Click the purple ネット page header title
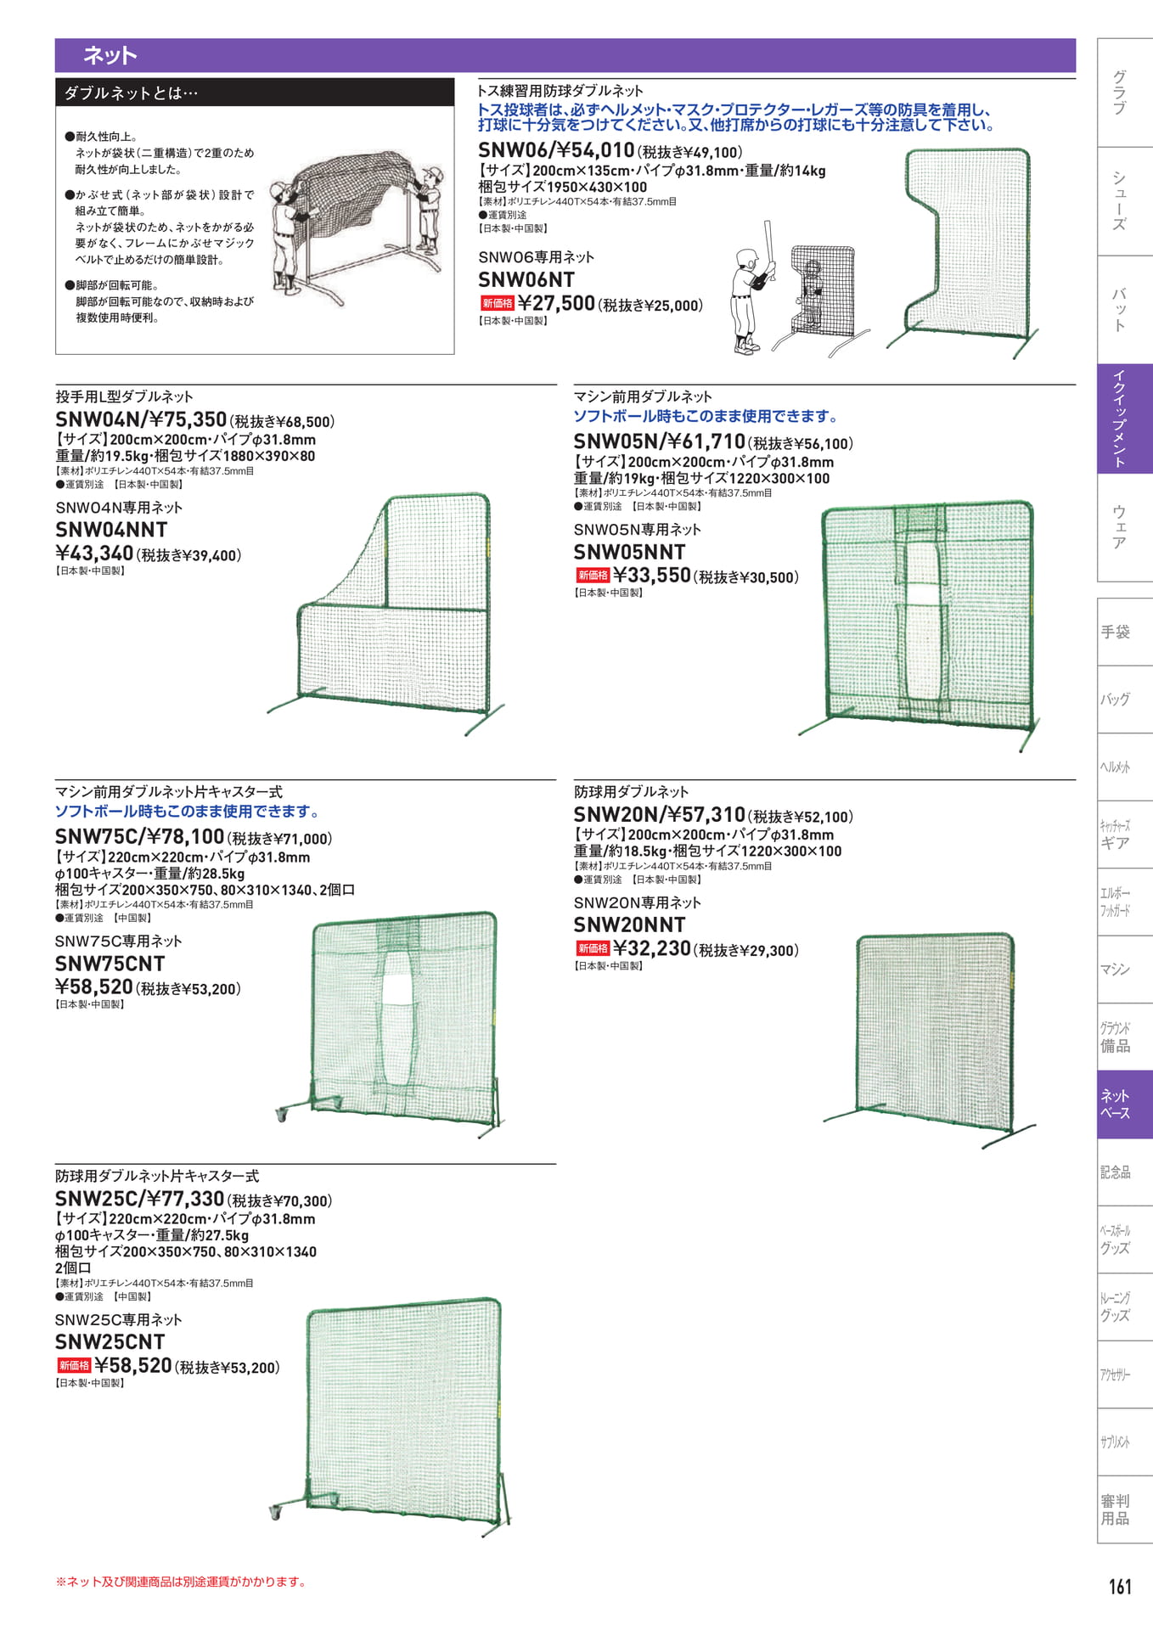point(110,56)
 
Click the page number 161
point(1119,1587)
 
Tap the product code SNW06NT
point(526,280)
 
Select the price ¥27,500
point(556,303)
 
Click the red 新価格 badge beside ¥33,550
point(593,575)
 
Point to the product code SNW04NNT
point(111,530)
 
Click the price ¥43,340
point(94,554)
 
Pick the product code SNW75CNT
point(110,964)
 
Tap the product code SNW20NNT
point(629,925)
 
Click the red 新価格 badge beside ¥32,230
point(593,948)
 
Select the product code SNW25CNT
point(110,1342)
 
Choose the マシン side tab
point(1115,969)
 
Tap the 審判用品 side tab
point(1115,1510)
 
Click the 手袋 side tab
point(1115,632)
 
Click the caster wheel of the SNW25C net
point(275,1513)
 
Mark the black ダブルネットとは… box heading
point(255,93)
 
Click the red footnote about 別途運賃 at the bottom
point(182,1582)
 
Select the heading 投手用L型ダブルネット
point(124,396)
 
